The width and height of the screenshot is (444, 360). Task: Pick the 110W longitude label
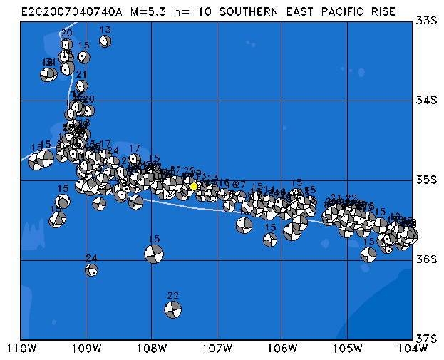point(21,349)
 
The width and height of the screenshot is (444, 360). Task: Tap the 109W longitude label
point(86,349)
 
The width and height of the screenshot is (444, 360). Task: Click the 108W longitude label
point(152,349)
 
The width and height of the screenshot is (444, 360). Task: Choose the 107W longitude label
point(217,349)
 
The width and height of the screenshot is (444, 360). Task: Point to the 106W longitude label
point(282,349)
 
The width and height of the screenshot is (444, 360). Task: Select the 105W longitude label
point(348,349)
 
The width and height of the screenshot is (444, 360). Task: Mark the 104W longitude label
point(413,349)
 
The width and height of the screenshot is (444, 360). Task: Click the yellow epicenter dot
point(194,186)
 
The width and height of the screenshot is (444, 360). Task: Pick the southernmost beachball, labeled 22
point(172,309)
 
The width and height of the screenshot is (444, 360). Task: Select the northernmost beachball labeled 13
point(105,41)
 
